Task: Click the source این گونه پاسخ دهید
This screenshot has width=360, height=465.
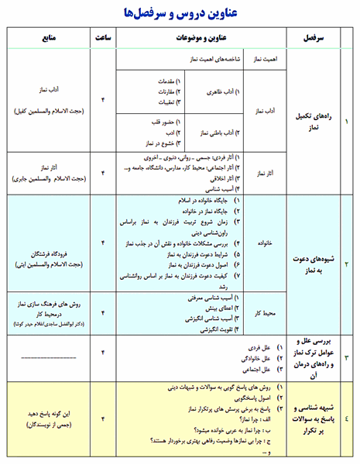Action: coord(53,413)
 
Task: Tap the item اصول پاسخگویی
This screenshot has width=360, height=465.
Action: coord(249,395)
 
